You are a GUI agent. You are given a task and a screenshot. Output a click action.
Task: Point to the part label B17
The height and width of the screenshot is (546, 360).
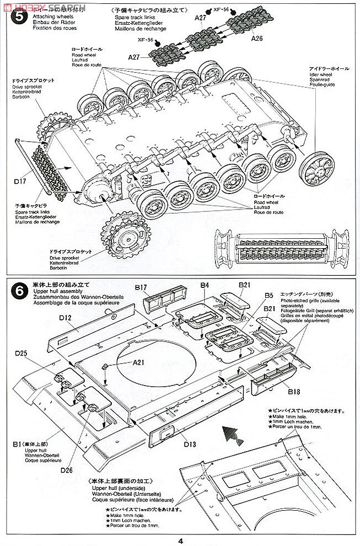[141, 287]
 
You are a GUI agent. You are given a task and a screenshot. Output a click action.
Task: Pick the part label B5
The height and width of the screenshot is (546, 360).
[268, 295]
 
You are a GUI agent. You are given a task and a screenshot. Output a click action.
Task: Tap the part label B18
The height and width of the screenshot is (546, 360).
[295, 392]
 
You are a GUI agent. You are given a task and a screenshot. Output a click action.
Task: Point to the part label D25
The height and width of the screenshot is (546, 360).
[22, 353]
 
